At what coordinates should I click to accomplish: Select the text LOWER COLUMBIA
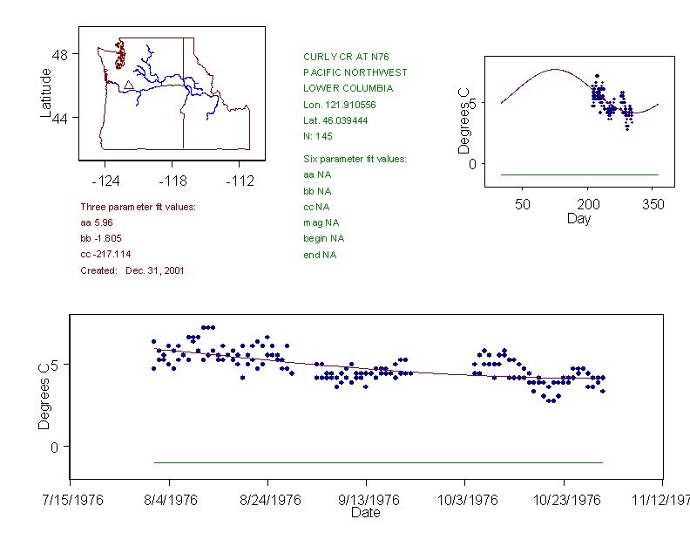click(x=348, y=88)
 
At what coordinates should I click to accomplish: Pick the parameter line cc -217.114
click(x=105, y=254)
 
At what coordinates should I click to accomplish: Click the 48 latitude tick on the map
click(x=59, y=54)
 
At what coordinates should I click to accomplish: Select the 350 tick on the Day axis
click(x=653, y=205)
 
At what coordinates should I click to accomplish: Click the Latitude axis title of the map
click(x=45, y=92)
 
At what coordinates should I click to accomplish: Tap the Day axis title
click(x=578, y=218)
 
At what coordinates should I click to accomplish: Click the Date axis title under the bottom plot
click(x=365, y=513)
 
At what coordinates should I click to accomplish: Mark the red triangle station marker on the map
click(x=128, y=85)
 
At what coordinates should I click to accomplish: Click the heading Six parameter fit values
click(x=355, y=159)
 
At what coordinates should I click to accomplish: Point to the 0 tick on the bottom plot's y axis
click(x=55, y=447)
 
